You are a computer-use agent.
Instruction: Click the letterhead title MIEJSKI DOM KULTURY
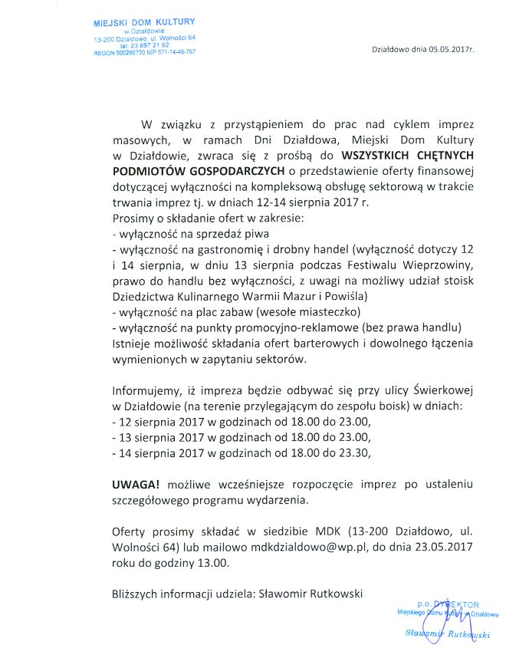(144, 21)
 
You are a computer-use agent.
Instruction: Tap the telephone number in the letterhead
(144, 44)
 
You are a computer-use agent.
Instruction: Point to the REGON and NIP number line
(144, 52)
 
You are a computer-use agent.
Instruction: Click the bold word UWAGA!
(136, 485)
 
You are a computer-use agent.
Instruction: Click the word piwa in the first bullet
(261, 235)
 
